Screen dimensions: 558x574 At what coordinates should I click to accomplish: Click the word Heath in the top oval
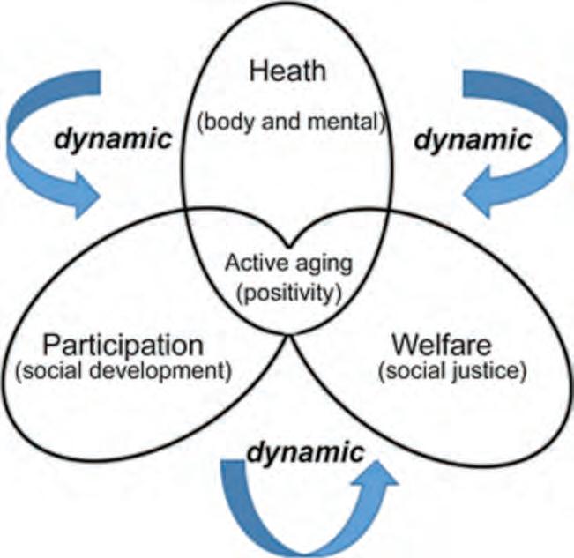(x=287, y=71)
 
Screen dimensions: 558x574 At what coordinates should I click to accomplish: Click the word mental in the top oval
(x=352, y=122)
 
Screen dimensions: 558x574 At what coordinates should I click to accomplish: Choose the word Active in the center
(x=253, y=263)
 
